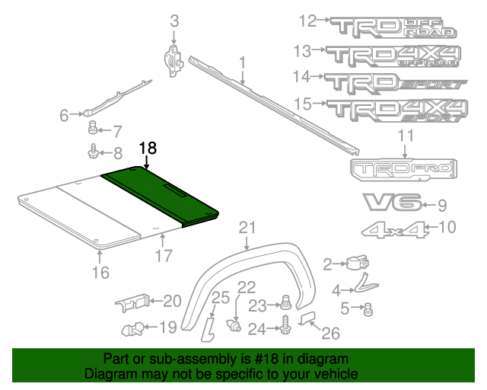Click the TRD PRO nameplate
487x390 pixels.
[403, 169]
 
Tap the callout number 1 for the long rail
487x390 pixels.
[242, 62]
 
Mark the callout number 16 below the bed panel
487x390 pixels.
[100, 272]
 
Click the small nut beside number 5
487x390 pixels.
[368, 308]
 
